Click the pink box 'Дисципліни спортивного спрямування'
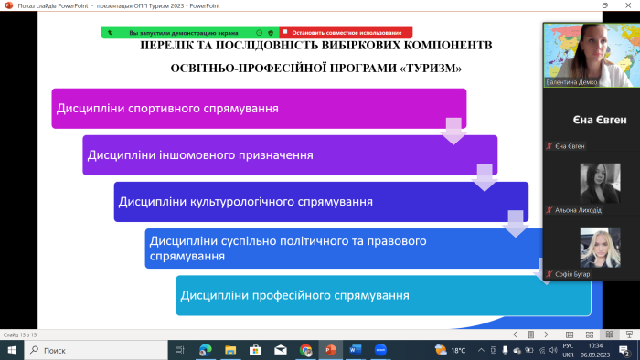(x=259, y=108)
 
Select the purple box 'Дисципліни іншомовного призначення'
(x=289, y=154)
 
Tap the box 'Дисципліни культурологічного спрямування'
(x=320, y=201)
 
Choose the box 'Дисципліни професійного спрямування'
(x=382, y=295)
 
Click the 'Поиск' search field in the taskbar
(x=91, y=350)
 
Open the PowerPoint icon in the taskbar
(x=330, y=350)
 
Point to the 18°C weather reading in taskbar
(x=458, y=350)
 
